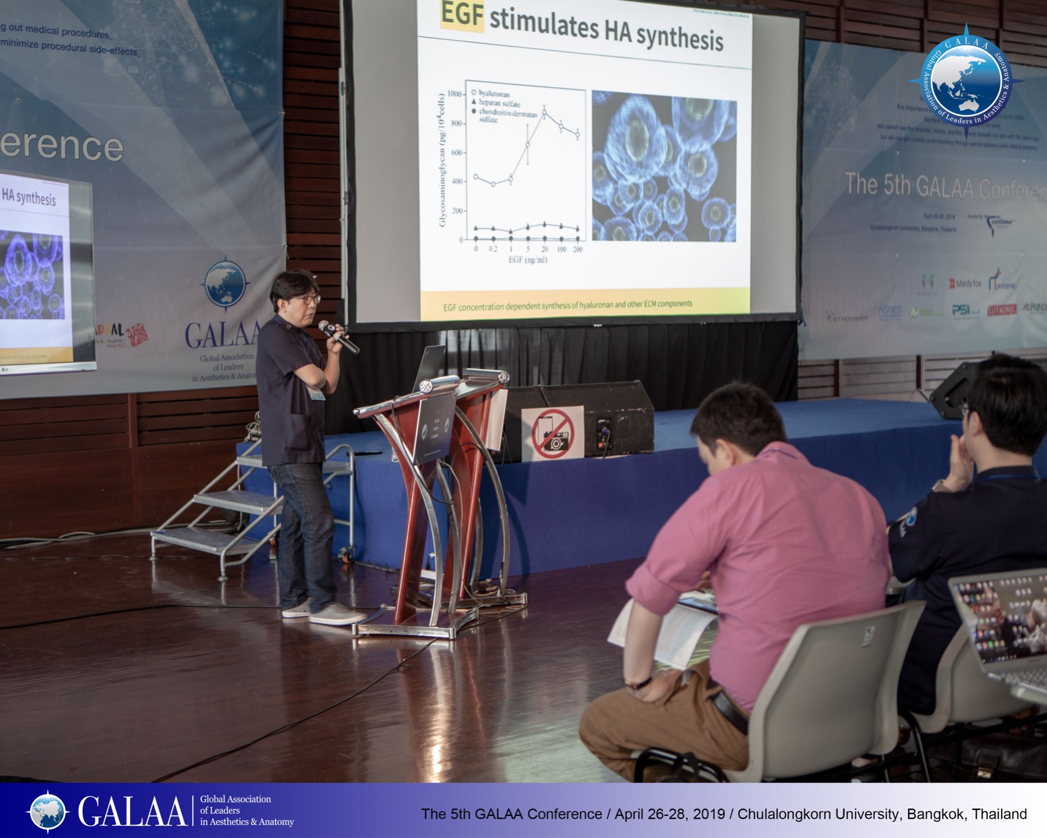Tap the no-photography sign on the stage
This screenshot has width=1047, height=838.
pos(552,433)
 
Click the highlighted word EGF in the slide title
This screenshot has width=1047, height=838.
pos(462,15)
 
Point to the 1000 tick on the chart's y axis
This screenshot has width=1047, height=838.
pos(455,94)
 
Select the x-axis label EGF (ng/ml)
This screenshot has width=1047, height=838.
pos(527,260)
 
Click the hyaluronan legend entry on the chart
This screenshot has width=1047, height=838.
pos(494,94)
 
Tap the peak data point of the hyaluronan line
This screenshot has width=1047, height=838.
pos(544,113)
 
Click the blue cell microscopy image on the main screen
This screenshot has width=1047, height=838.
pos(664,166)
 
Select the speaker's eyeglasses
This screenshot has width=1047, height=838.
pos(306,300)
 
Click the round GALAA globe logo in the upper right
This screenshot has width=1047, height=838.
pos(966,80)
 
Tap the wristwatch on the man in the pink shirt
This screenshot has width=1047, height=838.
pos(638,683)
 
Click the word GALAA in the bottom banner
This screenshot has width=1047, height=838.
pos(132,811)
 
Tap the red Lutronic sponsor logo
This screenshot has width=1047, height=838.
pos(1002,310)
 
